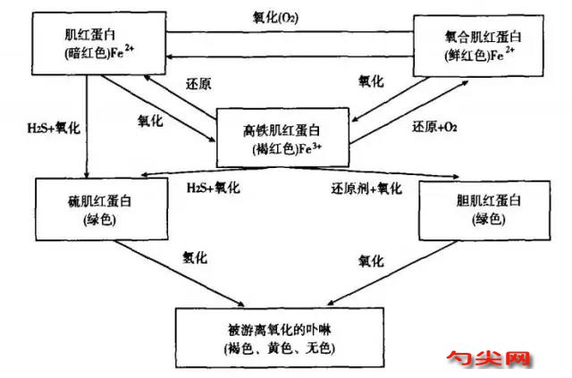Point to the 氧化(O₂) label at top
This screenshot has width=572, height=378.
pos(275,17)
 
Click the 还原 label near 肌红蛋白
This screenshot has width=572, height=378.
pos(198,84)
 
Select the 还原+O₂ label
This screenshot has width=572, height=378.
pos(434,127)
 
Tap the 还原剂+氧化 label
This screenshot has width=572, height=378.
pos(366,189)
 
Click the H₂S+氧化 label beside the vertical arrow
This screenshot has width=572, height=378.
pos(54,128)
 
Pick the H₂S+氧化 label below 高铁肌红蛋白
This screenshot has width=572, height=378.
pos(214,188)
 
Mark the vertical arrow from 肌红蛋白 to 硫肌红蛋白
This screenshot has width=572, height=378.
pos(87,127)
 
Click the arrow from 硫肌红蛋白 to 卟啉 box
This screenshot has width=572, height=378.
pos(180,273)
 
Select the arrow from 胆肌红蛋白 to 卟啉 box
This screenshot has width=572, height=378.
pos(392,273)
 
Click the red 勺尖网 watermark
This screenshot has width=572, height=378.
pos(489,358)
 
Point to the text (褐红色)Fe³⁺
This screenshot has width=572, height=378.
pos(287,149)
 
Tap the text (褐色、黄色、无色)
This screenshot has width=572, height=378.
pos(280,349)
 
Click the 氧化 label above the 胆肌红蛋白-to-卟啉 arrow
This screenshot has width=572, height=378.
pos(371,261)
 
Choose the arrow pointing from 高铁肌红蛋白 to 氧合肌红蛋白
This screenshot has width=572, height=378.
pos(409,113)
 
